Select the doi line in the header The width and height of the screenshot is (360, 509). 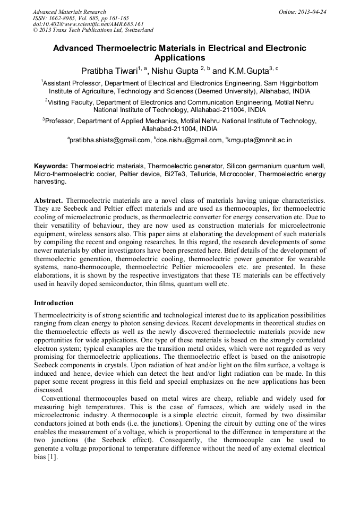coord(88,24)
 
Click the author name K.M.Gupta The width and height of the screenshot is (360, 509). coord(248,70)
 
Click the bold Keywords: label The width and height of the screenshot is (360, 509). coord(51,166)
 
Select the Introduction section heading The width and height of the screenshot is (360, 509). coord(54,303)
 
